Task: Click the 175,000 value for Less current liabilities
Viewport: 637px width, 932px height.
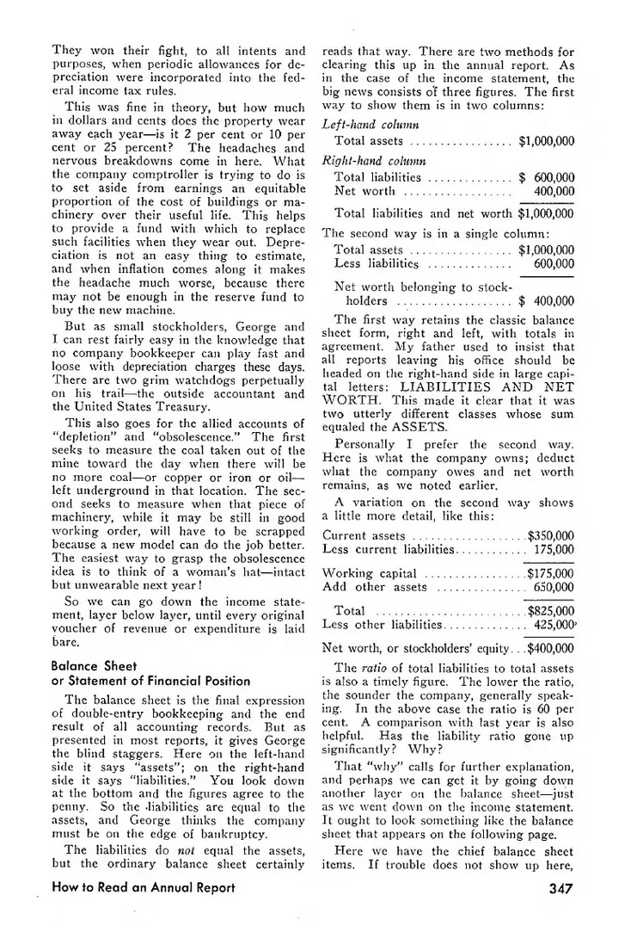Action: (x=554, y=550)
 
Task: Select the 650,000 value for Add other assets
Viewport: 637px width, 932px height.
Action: (x=554, y=587)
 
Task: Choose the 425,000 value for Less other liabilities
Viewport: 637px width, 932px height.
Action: (x=554, y=625)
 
